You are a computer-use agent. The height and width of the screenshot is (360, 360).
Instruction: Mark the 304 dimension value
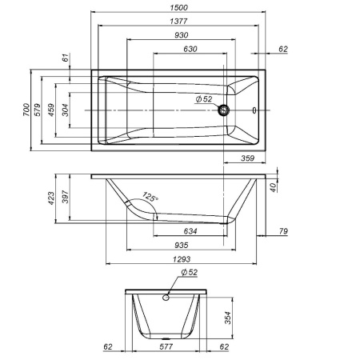tap(64, 110)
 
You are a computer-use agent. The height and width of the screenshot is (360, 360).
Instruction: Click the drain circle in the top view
tap(226, 110)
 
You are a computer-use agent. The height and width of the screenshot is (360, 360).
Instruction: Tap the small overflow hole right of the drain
tap(254, 110)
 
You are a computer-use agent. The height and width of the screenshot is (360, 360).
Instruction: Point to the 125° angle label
tap(150, 197)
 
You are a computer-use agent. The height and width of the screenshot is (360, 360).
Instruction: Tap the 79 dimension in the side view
tap(283, 233)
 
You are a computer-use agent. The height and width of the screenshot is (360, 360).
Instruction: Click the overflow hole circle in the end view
tap(167, 298)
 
